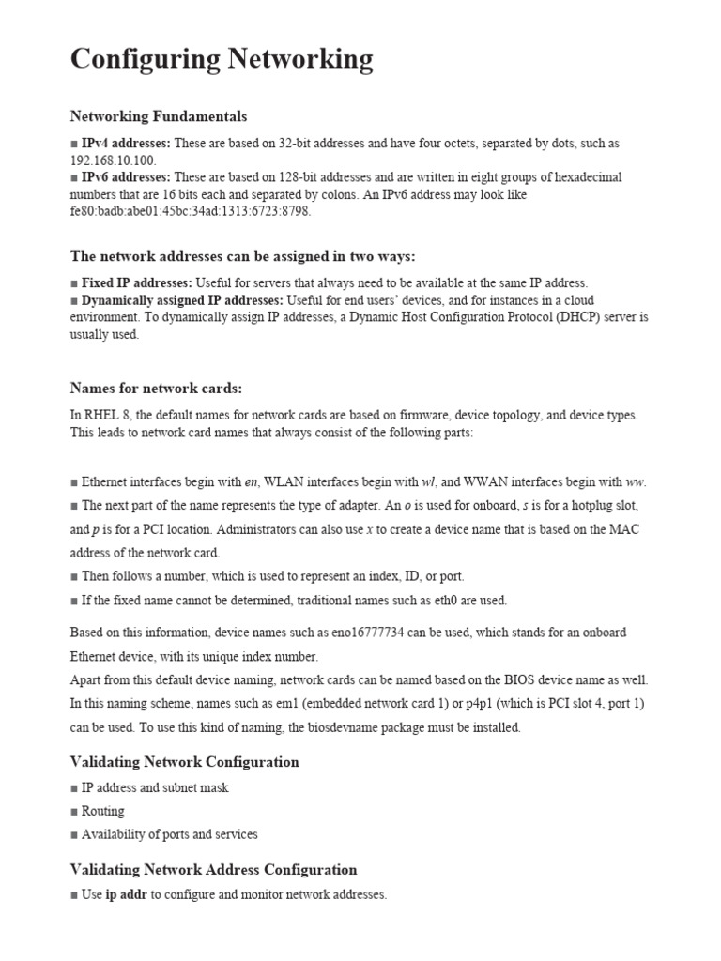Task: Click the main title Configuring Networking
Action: click(222, 59)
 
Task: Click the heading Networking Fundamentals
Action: click(159, 116)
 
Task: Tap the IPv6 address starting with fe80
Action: click(190, 211)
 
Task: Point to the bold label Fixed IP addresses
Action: click(137, 282)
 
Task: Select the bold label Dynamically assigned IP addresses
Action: click(182, 300)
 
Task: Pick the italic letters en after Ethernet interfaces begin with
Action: click(251, 482)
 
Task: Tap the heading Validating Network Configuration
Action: click(184, 762)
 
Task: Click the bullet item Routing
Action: click(102, 811)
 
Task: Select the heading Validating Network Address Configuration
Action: click(213, 870)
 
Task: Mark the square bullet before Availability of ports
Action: click(74, 835)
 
